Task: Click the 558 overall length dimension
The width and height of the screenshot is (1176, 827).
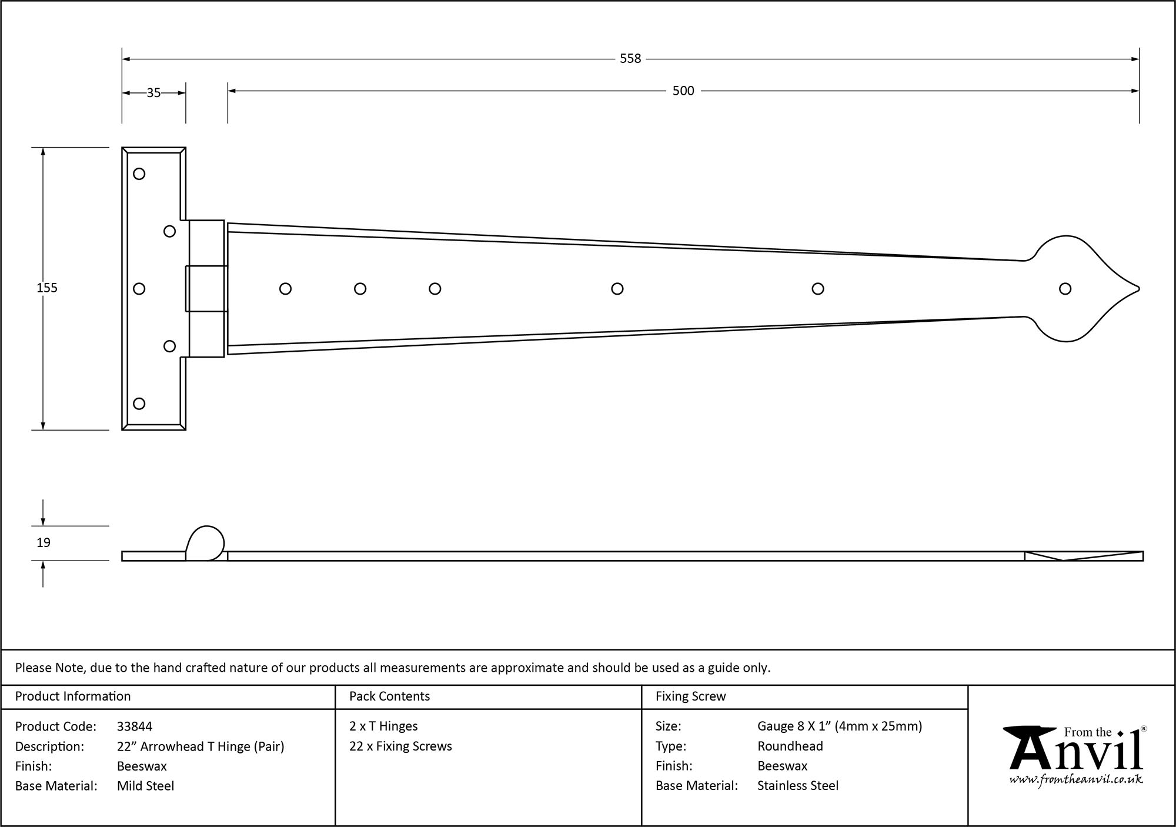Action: (x=630, y=59)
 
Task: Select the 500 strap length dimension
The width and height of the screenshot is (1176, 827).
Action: (x=683, y=91)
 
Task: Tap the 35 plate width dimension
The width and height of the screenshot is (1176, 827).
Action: (x=153, y=93)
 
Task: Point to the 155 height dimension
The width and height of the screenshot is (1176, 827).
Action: (x=47, y=288)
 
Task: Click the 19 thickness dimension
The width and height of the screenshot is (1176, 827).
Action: (x=44, y=542)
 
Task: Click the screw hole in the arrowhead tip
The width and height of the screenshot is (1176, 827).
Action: (x=1065, y=289)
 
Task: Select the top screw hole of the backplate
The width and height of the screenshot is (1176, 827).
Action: (x=139, y=174)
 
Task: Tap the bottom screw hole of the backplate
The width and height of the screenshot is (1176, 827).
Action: (x=139, y=404)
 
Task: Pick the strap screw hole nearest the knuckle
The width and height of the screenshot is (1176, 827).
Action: (x=285, y=289)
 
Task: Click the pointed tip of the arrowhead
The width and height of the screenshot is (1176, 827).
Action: (x=1138, y=289)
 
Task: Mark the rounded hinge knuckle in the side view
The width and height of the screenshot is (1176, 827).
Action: (x=205, y=542)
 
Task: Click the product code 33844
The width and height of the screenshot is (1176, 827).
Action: (x=135, y=726)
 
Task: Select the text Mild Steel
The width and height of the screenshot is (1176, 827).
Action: (x=145, y=786)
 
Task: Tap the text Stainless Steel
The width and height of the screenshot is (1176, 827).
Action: (x=797, y=786)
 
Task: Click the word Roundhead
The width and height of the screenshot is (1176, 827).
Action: (x=790, y=746)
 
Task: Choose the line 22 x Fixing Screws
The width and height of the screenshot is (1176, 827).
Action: (x=400, y=746)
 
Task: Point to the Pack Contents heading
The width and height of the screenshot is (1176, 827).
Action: (x=389, y=696)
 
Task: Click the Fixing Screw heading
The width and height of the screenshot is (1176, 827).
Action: (x=690, y=696)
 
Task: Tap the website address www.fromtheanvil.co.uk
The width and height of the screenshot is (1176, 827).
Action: (x=1075, y=780)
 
